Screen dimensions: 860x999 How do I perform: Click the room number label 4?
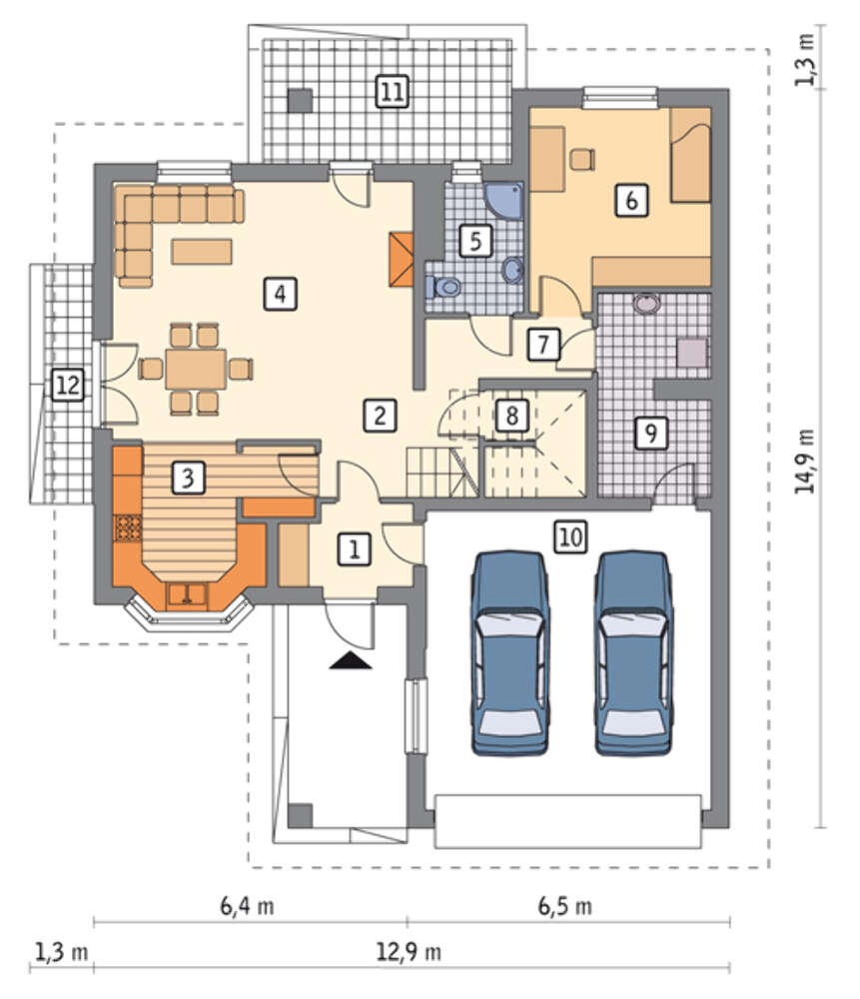click(x=281, y=294)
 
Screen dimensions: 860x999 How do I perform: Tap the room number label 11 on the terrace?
click(x=392, y=91)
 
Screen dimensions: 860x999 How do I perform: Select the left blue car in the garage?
click(x=509, y=653)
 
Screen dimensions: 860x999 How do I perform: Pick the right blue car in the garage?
click(x=634, y=653)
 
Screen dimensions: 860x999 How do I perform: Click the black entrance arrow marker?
click(x=351, y=660)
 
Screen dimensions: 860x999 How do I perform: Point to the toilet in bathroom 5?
click(x=443, y=287)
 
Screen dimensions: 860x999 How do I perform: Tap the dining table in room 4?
click(x=196, y=369)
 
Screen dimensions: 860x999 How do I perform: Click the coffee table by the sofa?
click(x=202, y=251)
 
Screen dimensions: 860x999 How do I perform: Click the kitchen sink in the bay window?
click(x=187, y=595)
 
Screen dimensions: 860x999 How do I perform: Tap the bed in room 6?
click(x=690, y=155)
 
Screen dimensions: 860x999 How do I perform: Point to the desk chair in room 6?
click(x=581, y=159)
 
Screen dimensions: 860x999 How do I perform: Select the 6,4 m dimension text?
click(x=247, y=905)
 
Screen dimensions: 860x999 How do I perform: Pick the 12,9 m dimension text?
click(x=409, y=952)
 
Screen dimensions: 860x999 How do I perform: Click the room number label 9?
click(x=650, y=434)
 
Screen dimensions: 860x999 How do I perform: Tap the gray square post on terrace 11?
click(x=300, y=101)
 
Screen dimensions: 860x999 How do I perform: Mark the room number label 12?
click(x=68, y=385)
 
